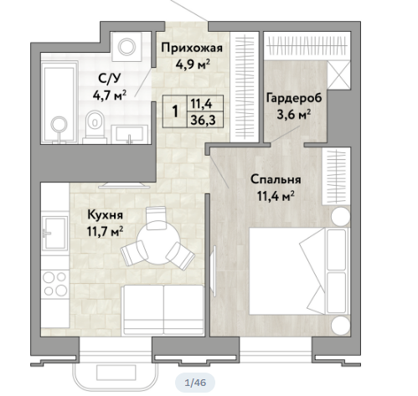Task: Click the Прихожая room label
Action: tap(192, 48)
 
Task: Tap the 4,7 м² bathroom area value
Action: tap(110, 95)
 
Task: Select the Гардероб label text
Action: tap(294, 98)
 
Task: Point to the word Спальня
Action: tap(276, 179)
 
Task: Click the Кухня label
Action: tap(105, 215)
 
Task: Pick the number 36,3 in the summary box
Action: tap(203, 121)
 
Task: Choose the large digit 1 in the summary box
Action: tap(175, 111)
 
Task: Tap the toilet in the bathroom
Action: tap(95, 127)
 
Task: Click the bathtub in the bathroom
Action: tap(59, 103)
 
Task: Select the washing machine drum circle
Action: tap(126, 46)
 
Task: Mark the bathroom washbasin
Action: tap(129, 135)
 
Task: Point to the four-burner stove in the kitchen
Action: tap(54, 284)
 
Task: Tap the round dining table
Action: tap(158, 243)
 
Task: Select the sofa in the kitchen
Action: tap(163, 310)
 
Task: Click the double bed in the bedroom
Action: tap(299, 271)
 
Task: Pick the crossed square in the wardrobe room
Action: tap(338, 75)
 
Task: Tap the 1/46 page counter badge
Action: tap(195, 383)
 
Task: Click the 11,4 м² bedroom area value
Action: tap(276, 196)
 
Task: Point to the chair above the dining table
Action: tap(157, 218)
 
